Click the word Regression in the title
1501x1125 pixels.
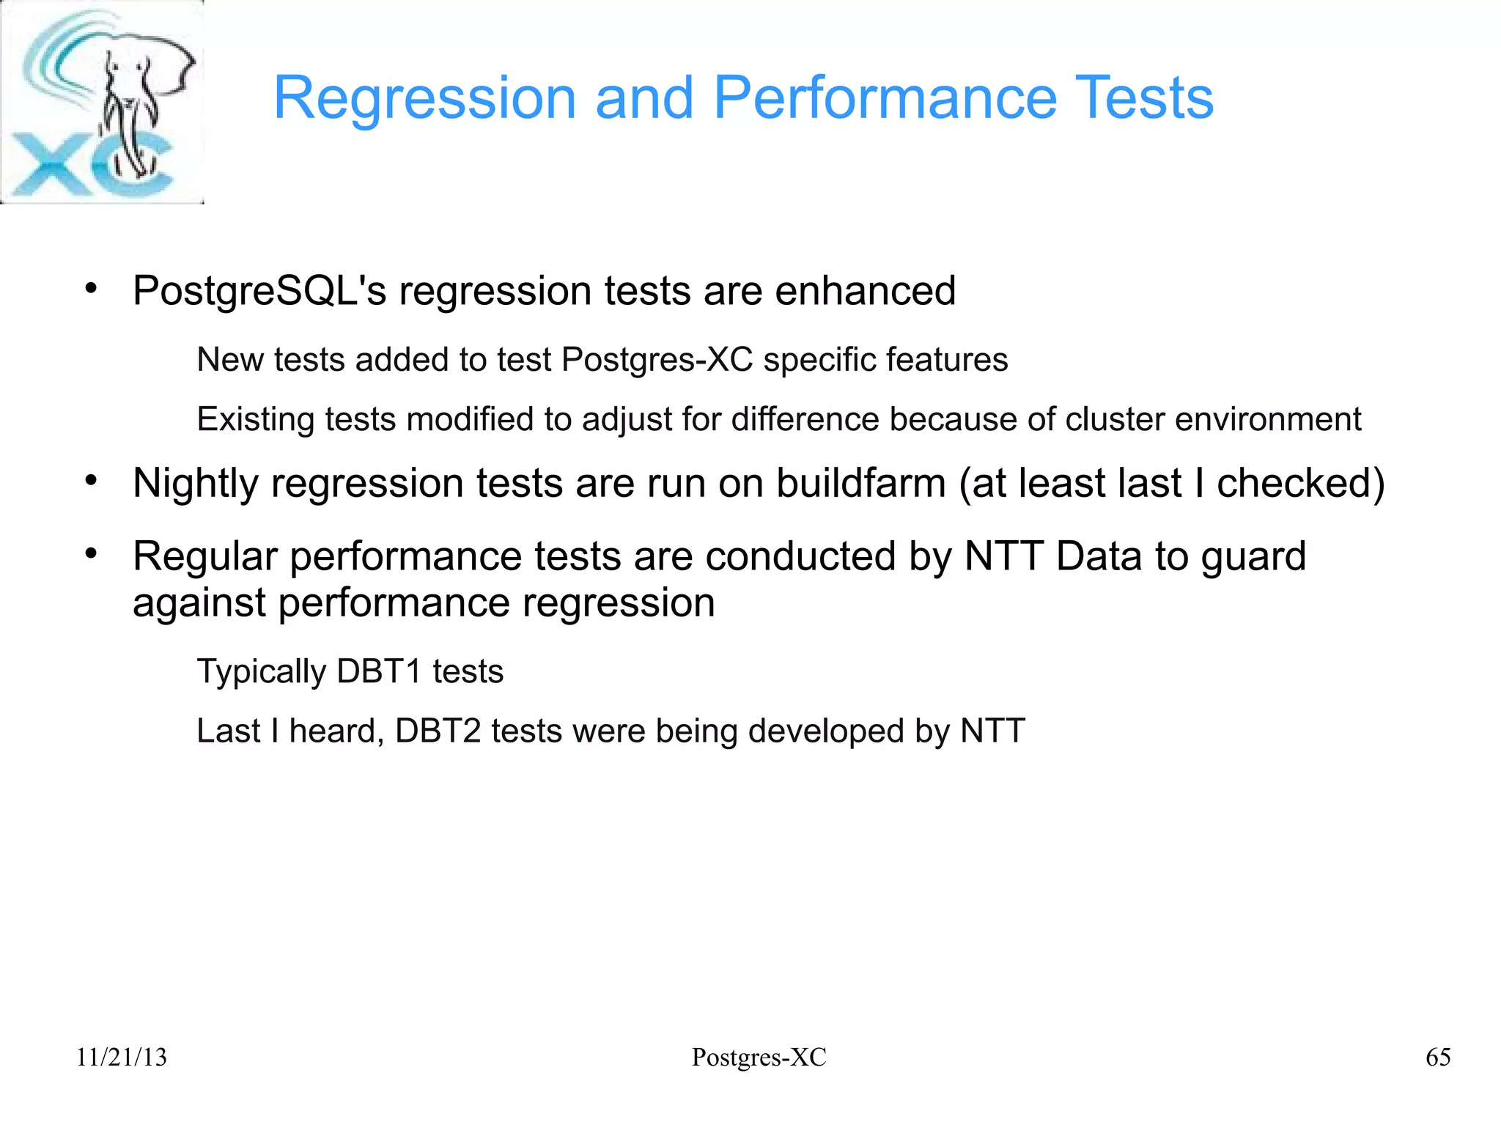pos(424,99)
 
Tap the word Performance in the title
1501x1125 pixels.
pos(885,97)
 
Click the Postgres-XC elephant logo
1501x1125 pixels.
pos(102,102)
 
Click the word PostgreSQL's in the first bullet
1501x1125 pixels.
pos(259,291)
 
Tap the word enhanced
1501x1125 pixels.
pos(866,291)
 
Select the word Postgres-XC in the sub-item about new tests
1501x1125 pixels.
pos(657,360)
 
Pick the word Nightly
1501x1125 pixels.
pos(196,484)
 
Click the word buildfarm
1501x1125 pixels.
pos(861,484)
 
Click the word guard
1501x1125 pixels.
pos(1253,556)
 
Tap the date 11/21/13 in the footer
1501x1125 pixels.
pos(122,1057)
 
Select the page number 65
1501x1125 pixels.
pos(1438,1057)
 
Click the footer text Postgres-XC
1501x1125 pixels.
pos(759,1057)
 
